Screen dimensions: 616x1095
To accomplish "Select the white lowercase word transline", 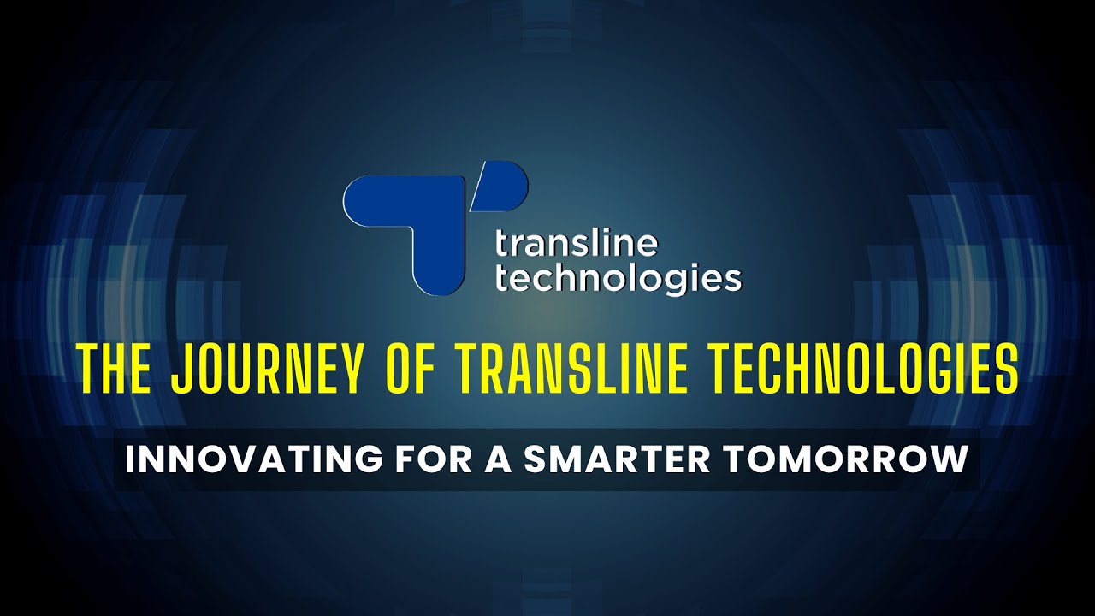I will (x=577, y=245).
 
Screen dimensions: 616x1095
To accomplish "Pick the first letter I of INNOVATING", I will (x=130, y=459).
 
